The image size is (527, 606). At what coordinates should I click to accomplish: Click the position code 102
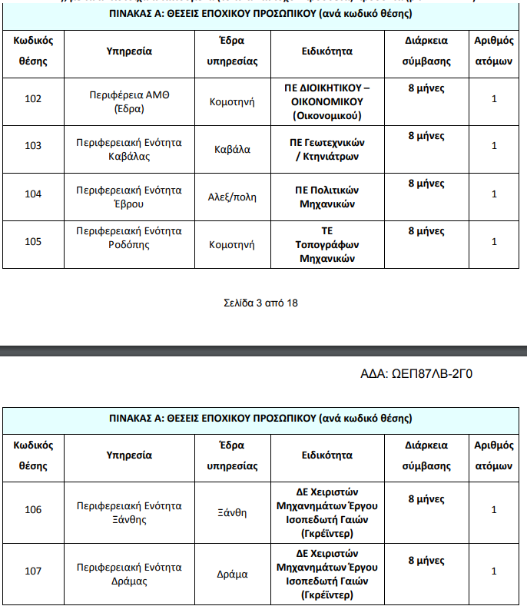(x=33, y=98)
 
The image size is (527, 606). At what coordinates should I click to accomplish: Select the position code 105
(x=33, y=241)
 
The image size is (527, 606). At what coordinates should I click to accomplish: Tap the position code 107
(x=33, y=571)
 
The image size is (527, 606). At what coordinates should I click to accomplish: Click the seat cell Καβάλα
(x=232, y=149)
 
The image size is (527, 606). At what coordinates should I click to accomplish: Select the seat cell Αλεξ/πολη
(x=232, y=197)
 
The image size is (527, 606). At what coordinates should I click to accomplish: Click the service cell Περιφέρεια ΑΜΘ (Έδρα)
(x=129, y=101)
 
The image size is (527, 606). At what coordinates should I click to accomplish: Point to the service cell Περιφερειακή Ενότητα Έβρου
(x=129, y=197)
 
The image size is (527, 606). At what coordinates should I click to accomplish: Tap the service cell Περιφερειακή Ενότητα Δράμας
(x=129, y=574)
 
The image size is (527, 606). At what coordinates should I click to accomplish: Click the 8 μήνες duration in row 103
(x=426, y=136)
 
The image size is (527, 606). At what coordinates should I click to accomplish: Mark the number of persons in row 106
(x=494, y=509)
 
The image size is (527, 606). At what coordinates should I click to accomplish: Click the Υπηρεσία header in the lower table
(x=129, y=455)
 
